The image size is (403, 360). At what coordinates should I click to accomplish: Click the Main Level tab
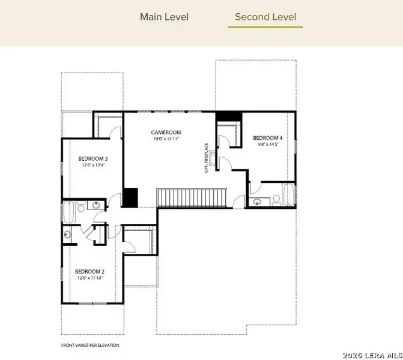164,17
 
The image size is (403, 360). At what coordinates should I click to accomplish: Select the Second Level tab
265,17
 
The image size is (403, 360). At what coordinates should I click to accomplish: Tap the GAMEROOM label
167,132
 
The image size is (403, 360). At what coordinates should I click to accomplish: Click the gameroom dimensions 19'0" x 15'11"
167,139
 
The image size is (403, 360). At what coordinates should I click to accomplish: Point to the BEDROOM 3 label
93,159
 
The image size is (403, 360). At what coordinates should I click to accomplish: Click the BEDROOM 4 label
267,137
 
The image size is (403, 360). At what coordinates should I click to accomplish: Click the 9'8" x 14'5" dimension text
267,144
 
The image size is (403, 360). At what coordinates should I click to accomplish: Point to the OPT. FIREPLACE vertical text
207,157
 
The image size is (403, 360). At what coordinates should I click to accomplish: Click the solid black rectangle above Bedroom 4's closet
228,116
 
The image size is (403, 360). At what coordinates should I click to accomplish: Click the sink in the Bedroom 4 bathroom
257,202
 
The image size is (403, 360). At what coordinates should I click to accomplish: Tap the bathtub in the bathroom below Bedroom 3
67,212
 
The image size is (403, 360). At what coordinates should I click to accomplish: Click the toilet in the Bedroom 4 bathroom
276,199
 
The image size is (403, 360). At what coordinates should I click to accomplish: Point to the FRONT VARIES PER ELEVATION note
90,345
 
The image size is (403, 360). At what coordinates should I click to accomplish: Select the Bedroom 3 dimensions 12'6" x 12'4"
93,166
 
